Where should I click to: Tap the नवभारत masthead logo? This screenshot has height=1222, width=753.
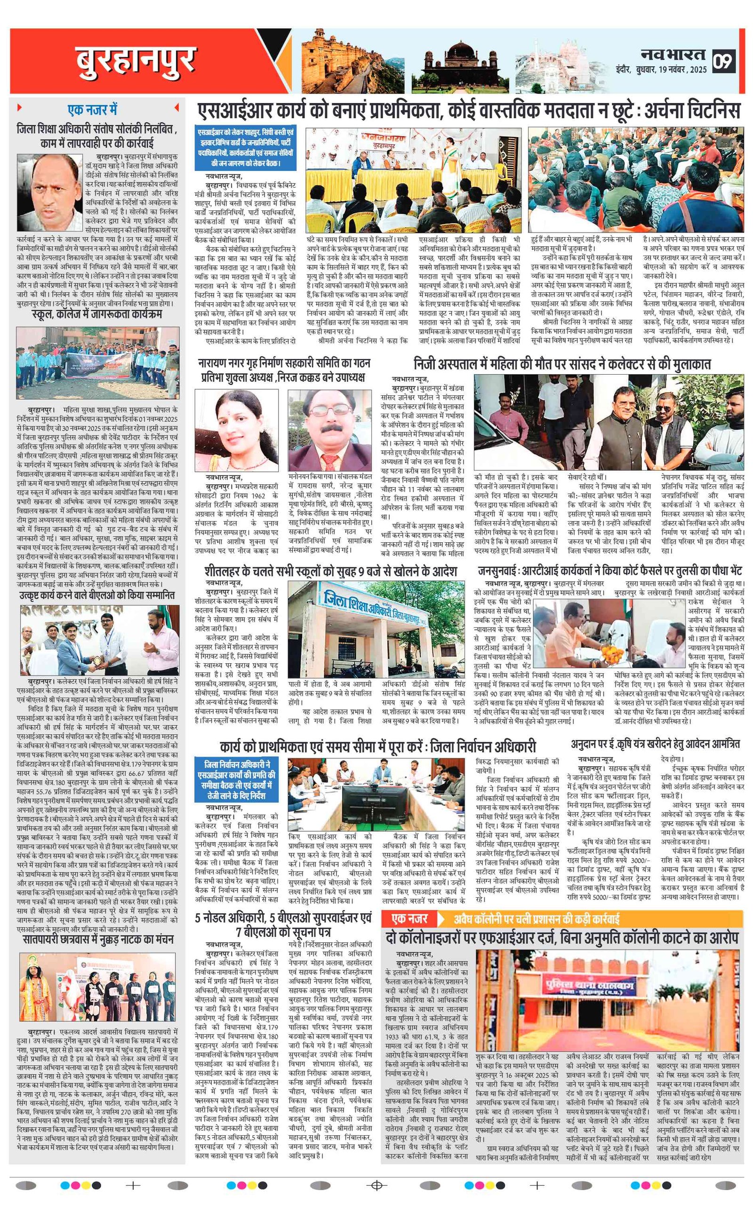click(673, 54)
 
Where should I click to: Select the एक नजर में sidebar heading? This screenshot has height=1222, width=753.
click(92, 109)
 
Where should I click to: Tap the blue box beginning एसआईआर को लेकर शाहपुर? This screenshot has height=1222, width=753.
click(246, 148)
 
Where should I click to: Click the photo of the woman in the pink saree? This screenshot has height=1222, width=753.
click(236, 431)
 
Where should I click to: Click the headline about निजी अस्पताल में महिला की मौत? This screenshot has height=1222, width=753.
click(561, 364)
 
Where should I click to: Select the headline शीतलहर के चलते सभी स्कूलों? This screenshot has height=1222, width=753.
click(330, 571)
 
